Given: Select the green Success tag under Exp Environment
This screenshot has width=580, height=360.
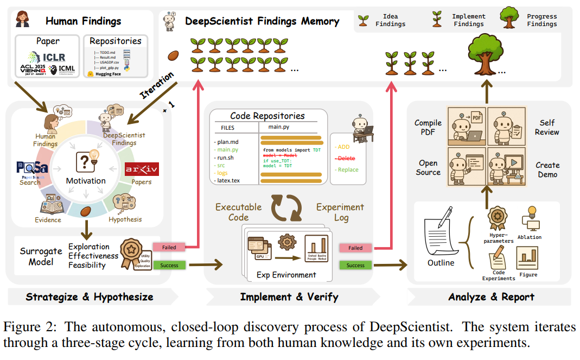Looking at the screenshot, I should (355, 265).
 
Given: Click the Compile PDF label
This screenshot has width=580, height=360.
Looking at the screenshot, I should (429, 128).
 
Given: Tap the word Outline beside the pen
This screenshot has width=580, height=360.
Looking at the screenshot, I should (441, 263).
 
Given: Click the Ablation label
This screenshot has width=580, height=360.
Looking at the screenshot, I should (529, 237).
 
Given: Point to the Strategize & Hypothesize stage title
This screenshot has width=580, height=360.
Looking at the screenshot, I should (90, 297).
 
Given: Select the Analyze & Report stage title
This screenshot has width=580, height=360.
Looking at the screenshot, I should (491, 297).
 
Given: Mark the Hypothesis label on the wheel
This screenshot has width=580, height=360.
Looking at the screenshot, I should (125, 219).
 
